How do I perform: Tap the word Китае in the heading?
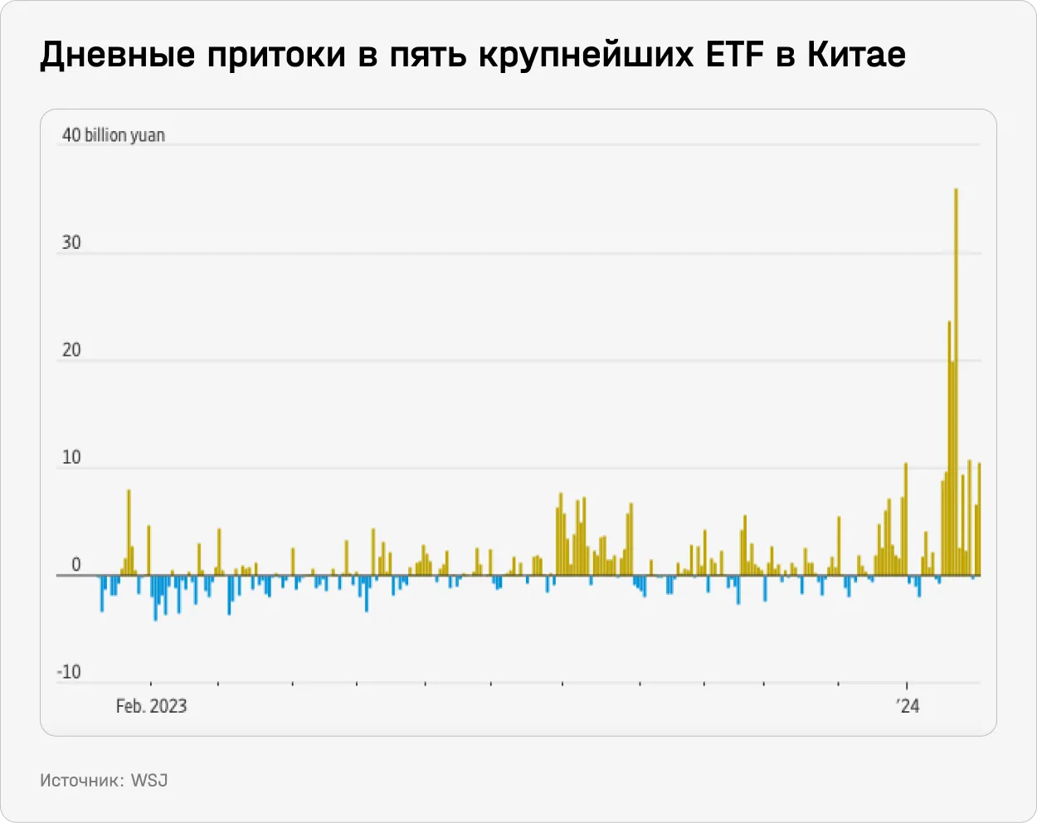(856, 56)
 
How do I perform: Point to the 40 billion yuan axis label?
(114, 135)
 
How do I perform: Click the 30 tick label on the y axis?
(71, 243)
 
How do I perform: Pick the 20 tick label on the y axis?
(71, 350)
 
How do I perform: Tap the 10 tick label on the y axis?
(71, 458)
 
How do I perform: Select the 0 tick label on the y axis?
(76, 565)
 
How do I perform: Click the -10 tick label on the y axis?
(69, 672)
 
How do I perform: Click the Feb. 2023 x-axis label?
(151, 706)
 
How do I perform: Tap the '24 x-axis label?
(908, 706)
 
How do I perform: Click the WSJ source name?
(149, 781)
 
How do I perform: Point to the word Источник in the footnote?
(81, 781)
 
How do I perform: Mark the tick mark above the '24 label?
(908, 685)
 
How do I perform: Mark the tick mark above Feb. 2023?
(150, 685)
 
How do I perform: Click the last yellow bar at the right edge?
(979, 519)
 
